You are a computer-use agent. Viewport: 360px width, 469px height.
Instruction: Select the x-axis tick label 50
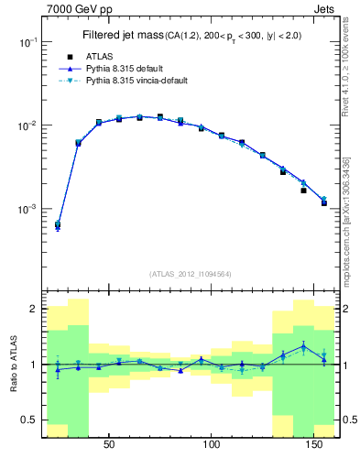click(x=109, y=445)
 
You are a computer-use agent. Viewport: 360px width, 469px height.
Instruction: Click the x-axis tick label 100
click(x=213, y=445)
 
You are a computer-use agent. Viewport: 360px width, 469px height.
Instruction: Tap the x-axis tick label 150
click(x=316, y=445)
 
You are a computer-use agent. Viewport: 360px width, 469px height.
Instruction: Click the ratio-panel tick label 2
click(x=32, y=309)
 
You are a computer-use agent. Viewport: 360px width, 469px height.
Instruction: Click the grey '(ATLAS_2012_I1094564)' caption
click(x=191, y=274)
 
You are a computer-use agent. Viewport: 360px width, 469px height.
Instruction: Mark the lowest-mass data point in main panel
click(x=58, y=224)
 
